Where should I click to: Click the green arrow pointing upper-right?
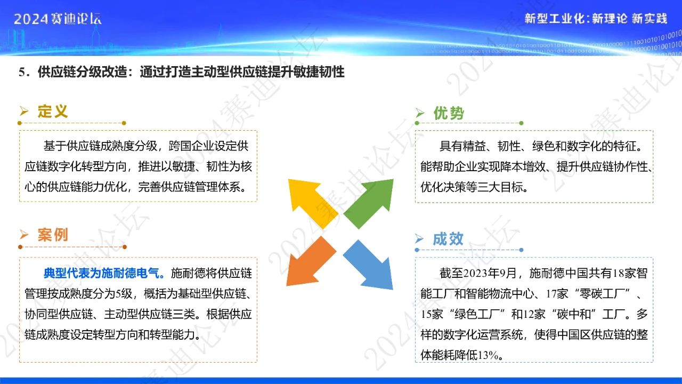click(371, 202)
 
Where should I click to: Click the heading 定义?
click(53, 111)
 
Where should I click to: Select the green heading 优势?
click(449, 113)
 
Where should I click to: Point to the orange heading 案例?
click(53, 235)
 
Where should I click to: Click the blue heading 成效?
click(448, 239)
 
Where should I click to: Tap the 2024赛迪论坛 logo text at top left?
click(58, 19)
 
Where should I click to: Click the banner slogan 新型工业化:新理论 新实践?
click(595, 19)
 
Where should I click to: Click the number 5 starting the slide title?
click(22, 72)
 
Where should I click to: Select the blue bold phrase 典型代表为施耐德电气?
click(104, 274)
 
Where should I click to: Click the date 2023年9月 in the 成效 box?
click(490, 274)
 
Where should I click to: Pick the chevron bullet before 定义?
click(24, 111)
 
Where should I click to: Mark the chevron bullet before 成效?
click(420, 239)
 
